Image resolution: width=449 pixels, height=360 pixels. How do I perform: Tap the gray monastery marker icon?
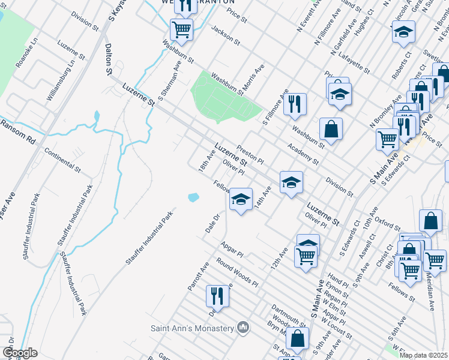243,328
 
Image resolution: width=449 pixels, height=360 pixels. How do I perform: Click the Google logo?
20,353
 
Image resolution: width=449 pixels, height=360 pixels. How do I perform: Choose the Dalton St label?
109,59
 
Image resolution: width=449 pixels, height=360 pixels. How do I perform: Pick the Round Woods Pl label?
237,272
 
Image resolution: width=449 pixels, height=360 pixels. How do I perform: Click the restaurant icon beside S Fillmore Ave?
295,103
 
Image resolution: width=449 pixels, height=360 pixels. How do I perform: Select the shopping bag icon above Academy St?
331,128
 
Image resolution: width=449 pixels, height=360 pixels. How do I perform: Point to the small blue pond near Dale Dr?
193,197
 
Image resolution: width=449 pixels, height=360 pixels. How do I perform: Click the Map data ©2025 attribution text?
424,355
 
